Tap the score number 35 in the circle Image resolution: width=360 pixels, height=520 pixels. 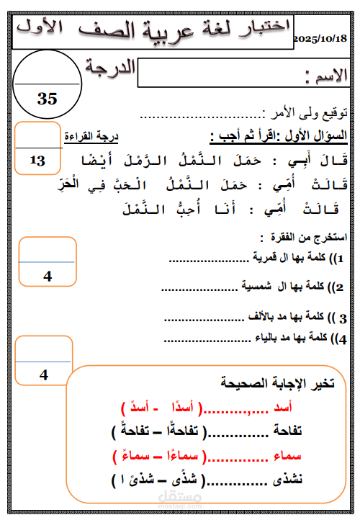47,99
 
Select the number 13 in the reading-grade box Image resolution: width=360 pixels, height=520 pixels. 37,161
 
